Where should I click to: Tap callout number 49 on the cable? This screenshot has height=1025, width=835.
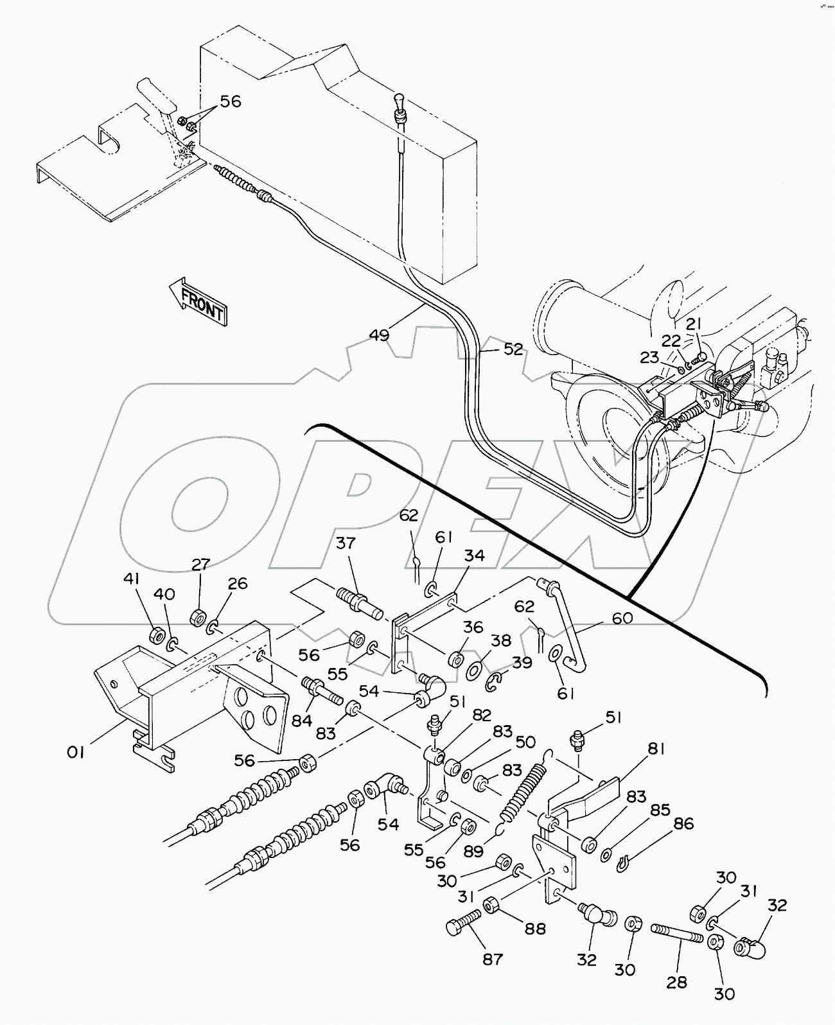[379, 335]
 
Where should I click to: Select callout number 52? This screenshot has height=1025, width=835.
[513, 349]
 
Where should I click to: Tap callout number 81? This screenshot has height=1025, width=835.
[656, 748]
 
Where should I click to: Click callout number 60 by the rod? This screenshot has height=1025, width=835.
[622, 618]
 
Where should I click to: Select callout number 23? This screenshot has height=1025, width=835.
[649, 358]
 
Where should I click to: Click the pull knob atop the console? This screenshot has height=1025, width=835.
[400, 103]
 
